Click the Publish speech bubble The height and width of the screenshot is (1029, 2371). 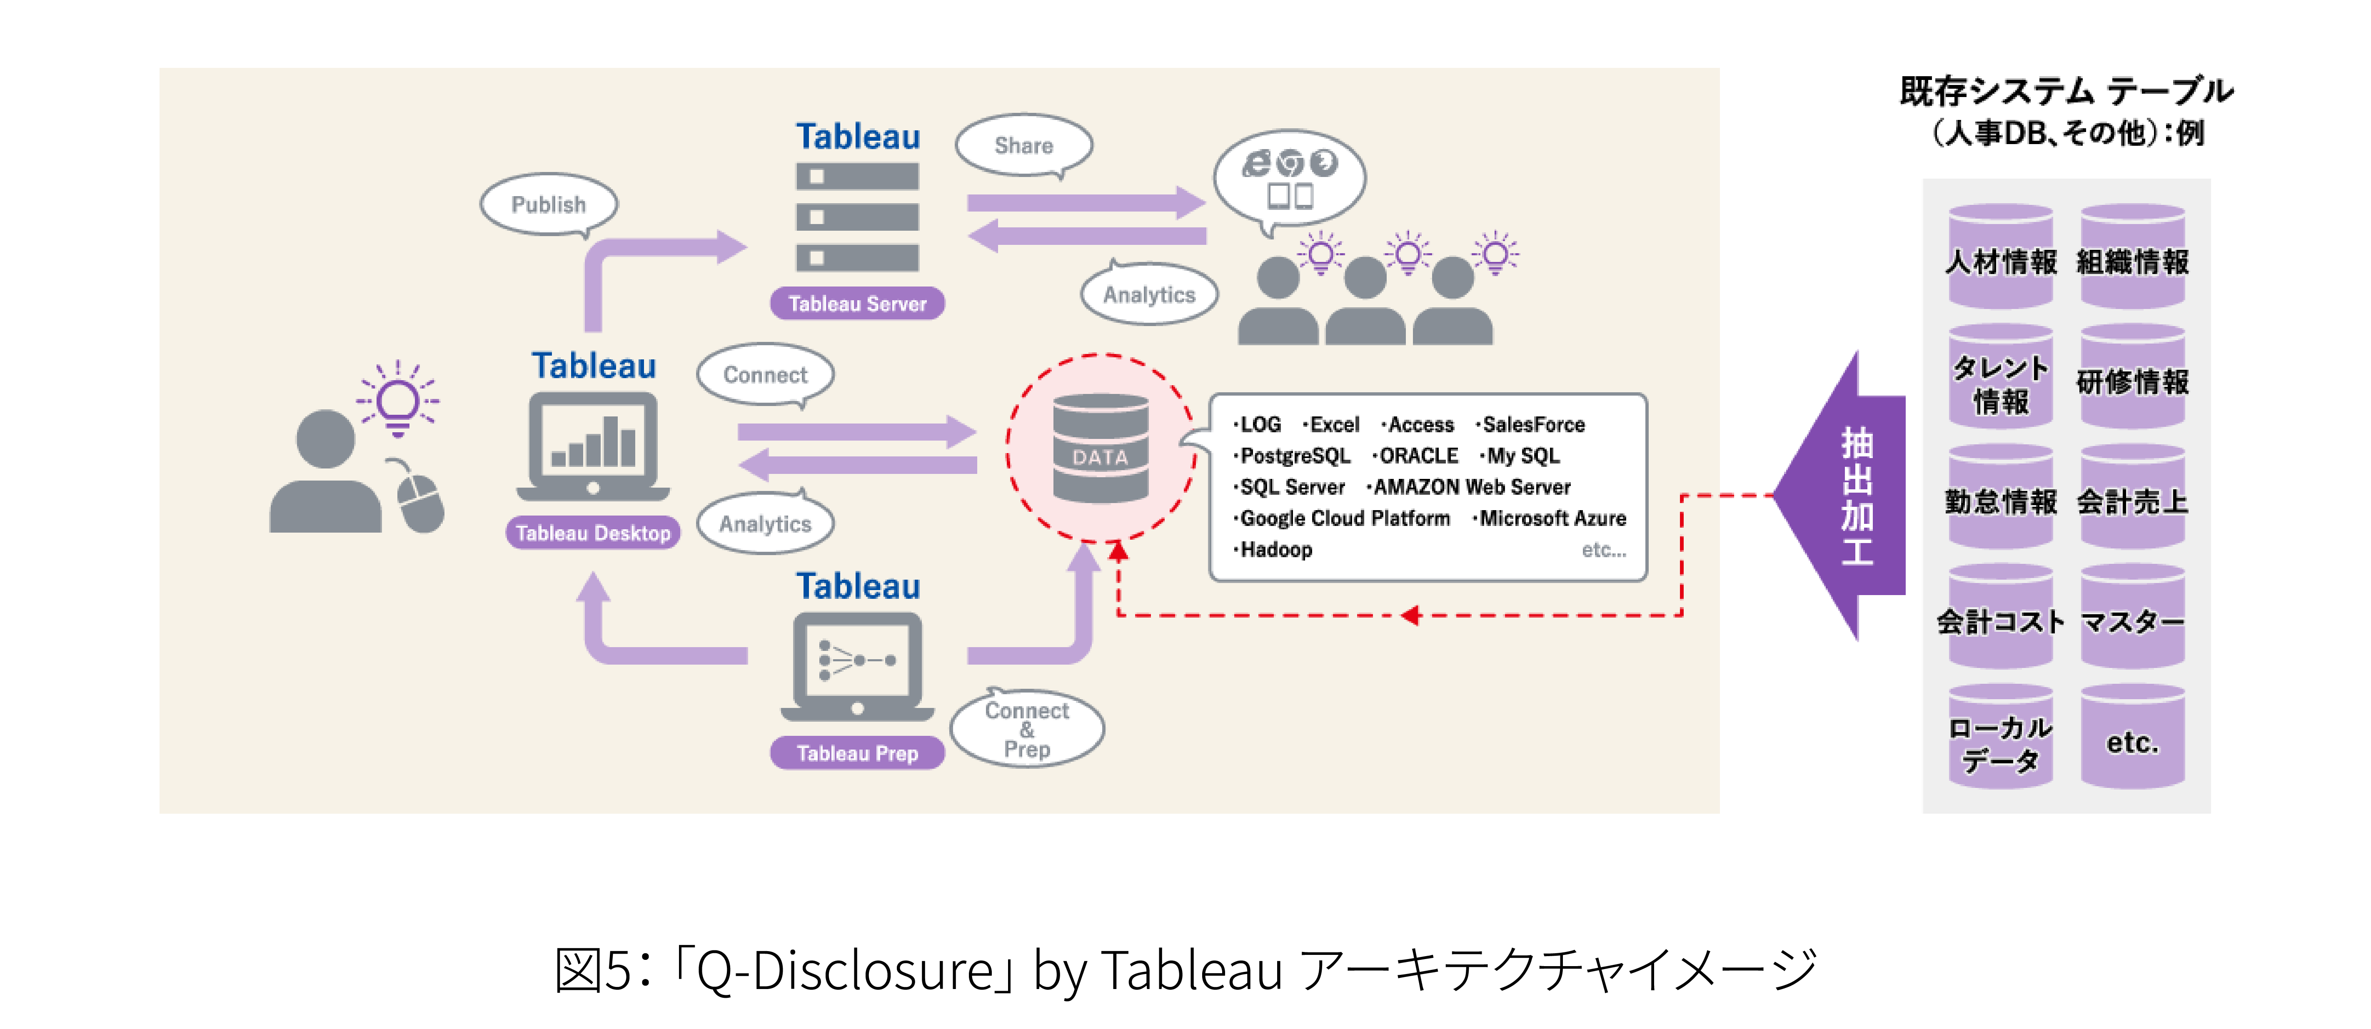tap(549, 204)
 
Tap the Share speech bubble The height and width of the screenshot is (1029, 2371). tap(1023, 145)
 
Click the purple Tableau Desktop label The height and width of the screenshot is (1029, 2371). tap(593, 533)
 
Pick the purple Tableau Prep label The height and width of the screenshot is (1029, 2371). tap(857, 753)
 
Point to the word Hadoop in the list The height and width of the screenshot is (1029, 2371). tap(1276, 549)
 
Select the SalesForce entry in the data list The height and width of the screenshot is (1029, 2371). tap(1532, 424)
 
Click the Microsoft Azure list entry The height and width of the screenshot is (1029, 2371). tap(1552, 518)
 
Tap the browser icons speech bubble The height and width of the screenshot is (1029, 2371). tap(1290, 179)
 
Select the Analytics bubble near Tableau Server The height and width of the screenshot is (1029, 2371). tap(1149, 294)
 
